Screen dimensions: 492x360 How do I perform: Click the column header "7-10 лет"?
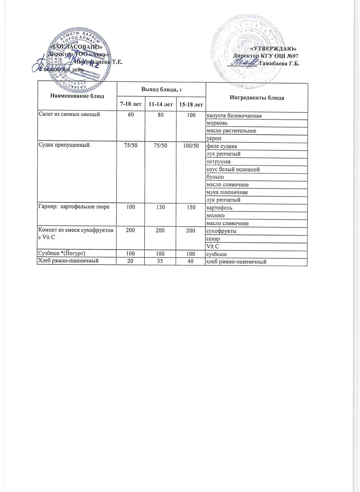coord(131,104)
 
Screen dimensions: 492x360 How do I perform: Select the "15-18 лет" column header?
coord(191,105)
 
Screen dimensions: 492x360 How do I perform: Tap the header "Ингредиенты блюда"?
coord(256,98)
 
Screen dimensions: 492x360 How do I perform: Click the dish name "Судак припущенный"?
coord(64,146)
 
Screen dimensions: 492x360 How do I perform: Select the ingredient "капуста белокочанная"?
coord(234,116)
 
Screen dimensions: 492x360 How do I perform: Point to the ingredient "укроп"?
coord(214,138)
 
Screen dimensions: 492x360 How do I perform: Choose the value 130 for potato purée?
coord(161,208)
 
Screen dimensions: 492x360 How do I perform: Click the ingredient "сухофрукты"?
coord(222,231)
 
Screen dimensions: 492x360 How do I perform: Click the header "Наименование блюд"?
coord(77,96)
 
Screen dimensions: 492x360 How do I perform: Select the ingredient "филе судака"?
coord(222,146)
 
